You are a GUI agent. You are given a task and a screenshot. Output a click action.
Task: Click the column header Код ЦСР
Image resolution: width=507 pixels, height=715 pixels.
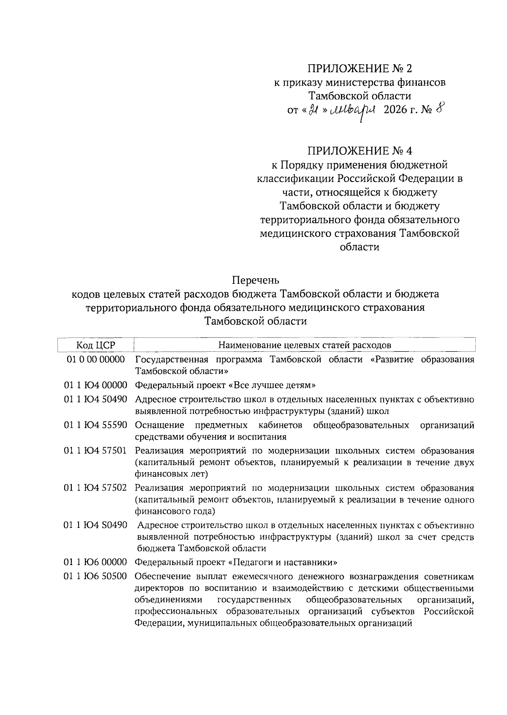(95, 345)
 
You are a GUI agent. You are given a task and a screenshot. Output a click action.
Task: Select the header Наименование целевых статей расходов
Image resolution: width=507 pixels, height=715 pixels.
(304, 345)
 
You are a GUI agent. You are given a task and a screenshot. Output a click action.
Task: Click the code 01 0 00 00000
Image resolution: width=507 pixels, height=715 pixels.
(95, 359)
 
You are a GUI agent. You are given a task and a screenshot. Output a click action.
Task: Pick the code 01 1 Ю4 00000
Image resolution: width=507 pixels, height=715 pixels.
(95, 385)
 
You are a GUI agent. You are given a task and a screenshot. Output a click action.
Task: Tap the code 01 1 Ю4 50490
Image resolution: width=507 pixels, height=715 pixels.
(95, 399)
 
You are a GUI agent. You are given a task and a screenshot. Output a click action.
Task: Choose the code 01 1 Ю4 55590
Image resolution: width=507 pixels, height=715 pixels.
(95, 425)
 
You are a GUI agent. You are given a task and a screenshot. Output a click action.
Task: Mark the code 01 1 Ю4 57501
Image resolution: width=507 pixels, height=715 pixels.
(95, 451)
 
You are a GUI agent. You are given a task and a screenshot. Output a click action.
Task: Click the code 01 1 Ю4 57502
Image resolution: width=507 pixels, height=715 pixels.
(95, 488)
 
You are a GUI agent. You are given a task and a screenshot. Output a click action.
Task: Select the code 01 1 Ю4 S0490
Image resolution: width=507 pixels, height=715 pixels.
(95, 525)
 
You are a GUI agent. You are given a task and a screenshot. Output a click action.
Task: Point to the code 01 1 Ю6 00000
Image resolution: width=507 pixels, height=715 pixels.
(95, 563)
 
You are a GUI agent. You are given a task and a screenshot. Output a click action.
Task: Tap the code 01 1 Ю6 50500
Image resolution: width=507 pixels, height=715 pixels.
(95, 577)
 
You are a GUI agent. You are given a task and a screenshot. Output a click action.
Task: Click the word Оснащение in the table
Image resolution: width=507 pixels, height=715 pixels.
(160, 425)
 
